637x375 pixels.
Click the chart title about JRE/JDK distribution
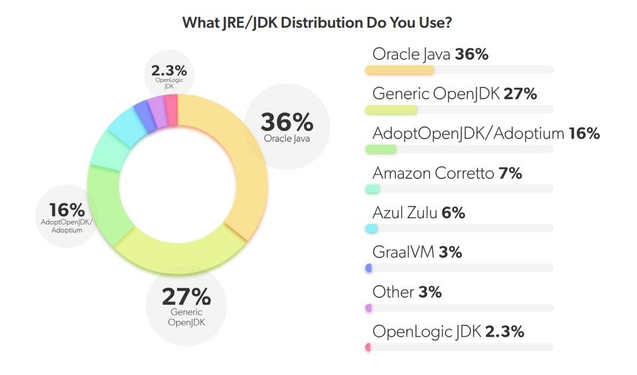317,22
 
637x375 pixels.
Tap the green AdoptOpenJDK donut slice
105,203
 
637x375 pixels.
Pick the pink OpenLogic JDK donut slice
172,110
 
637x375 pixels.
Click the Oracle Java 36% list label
430,54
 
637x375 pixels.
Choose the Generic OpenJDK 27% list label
455,94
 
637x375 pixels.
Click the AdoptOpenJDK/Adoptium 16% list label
486,133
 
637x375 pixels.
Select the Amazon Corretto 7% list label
447,173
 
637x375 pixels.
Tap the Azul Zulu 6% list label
419,213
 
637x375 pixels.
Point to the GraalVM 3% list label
417,252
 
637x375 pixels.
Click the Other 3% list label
407,292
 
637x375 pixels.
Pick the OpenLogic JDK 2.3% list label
448,331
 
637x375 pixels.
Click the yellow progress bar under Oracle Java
399,70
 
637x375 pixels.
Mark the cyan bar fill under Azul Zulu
371,228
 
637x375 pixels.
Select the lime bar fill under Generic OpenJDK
391,109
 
